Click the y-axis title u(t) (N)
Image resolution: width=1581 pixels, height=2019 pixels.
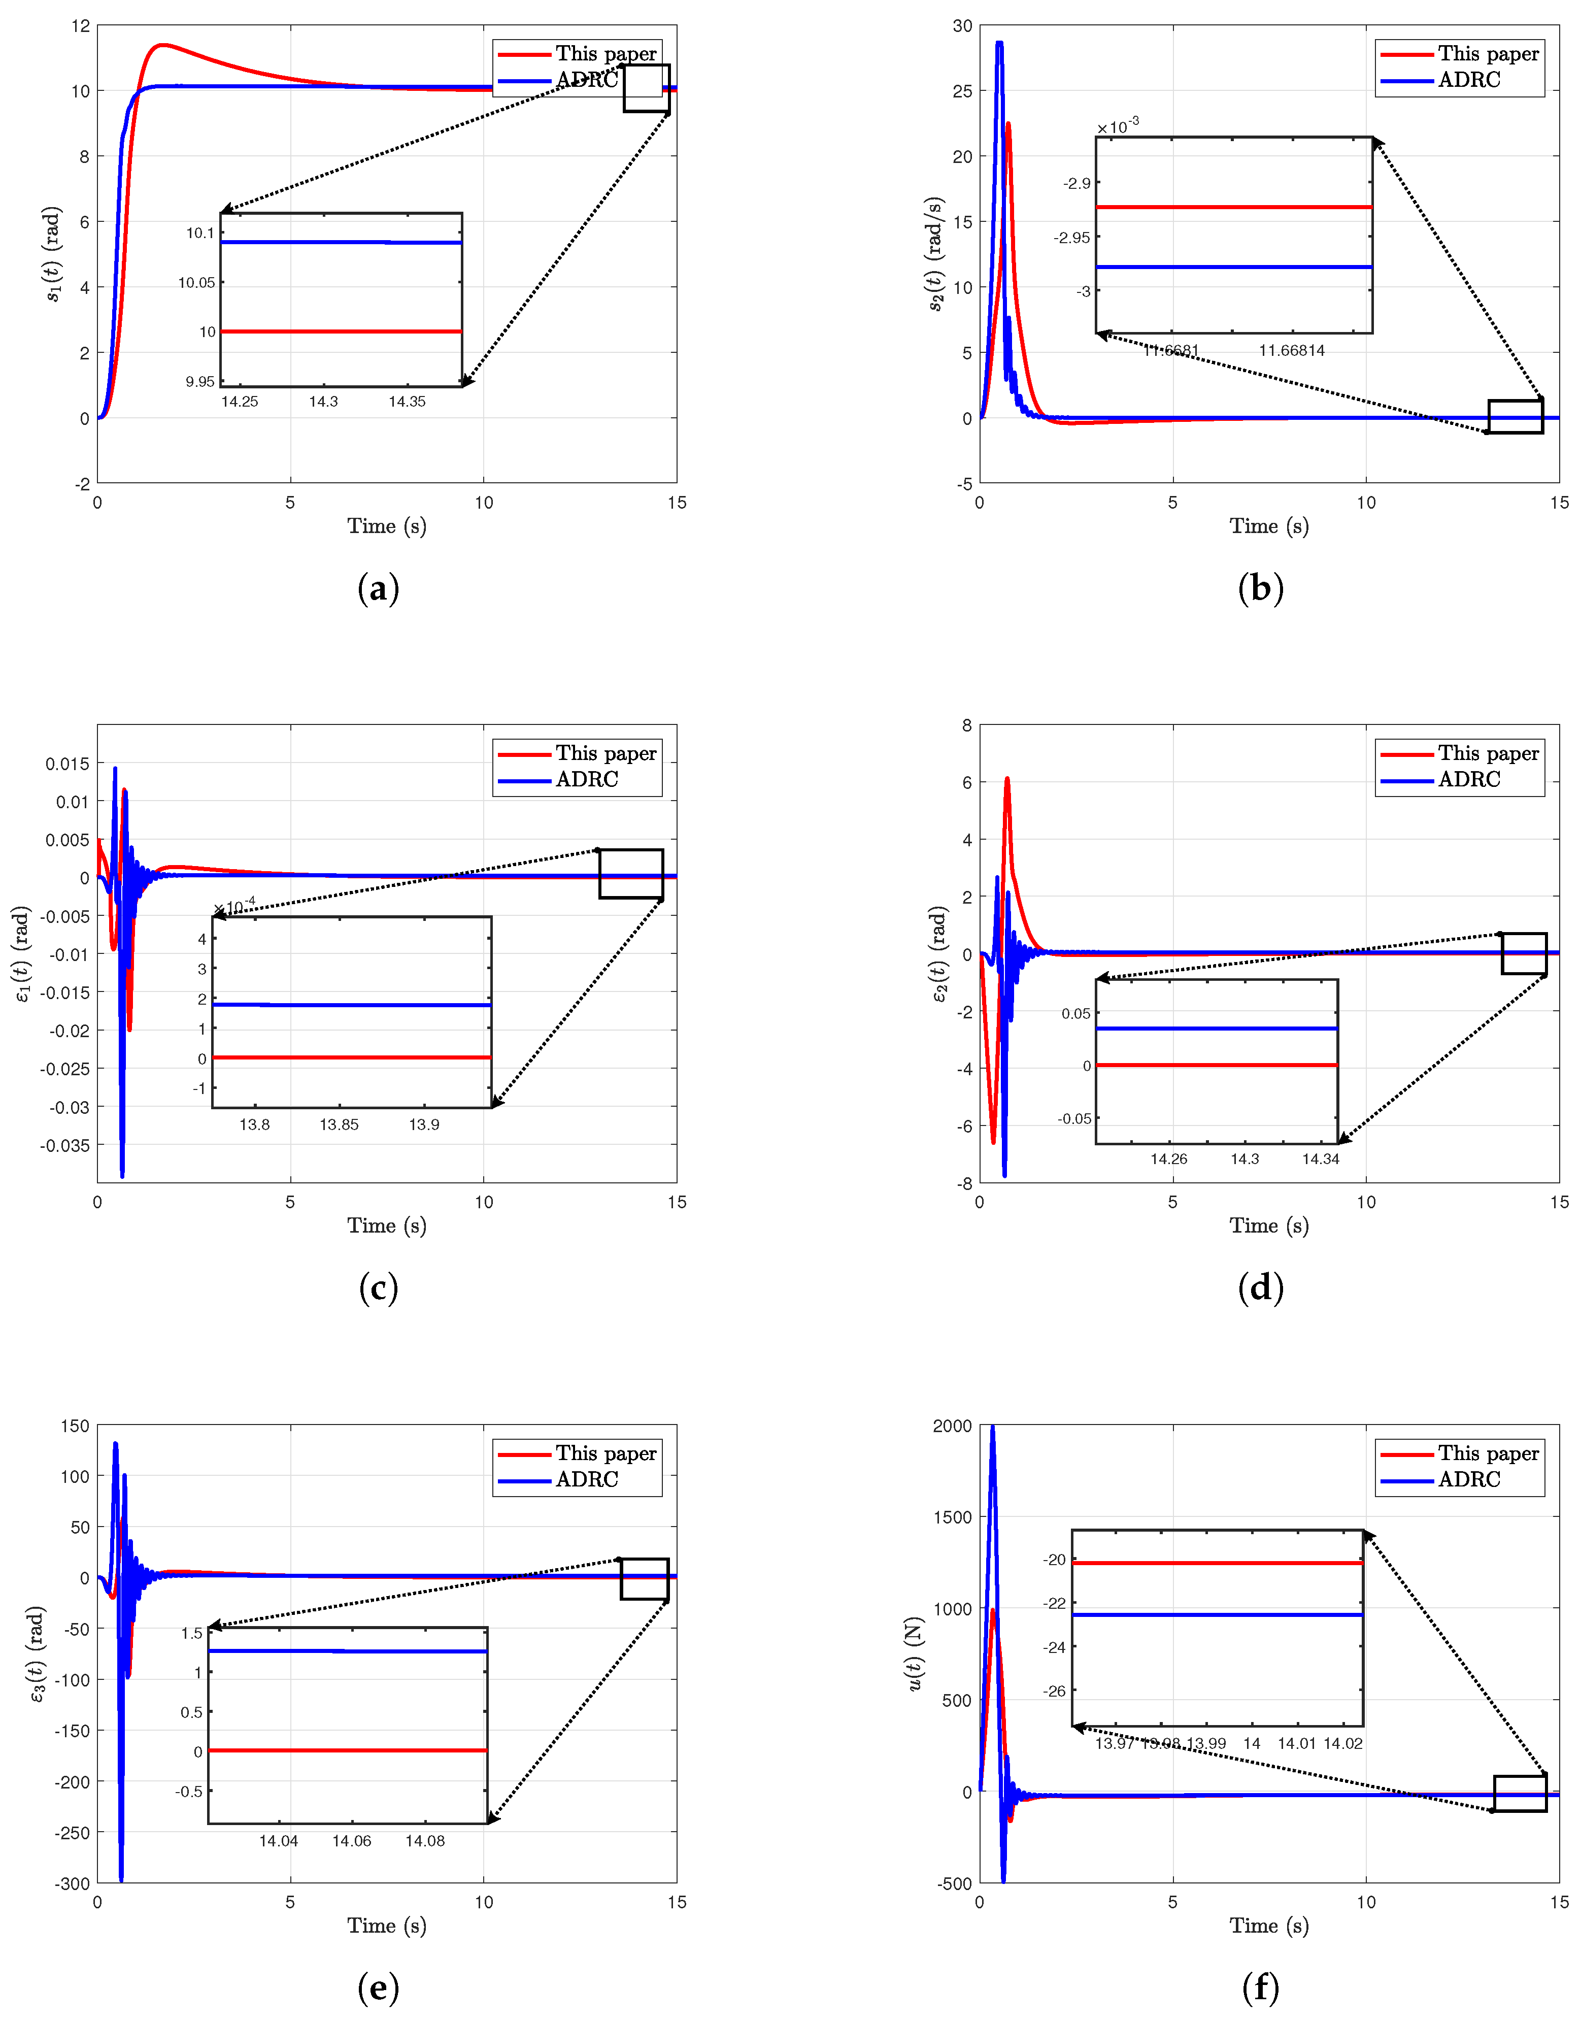(x=915, y=1653)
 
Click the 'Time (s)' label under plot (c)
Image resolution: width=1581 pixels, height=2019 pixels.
(x=387, y=1226)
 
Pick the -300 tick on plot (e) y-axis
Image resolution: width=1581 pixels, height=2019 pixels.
(x=72, y=1883)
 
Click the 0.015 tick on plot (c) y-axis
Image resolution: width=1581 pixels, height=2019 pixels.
(x=68, y=764)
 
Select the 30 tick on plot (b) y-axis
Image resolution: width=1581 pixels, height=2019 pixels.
(x=963, y=26)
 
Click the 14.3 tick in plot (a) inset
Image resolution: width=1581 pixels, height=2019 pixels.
(x=323, y=402)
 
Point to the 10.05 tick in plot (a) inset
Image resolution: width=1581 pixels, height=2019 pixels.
(x=196, y=282)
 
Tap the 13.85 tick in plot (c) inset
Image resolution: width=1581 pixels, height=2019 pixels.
(x=339, y=1125)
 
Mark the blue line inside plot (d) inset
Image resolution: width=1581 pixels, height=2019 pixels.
(x=1216, y=1029)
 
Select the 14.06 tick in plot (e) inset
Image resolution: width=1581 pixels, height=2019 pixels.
(x=352, y=1841)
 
